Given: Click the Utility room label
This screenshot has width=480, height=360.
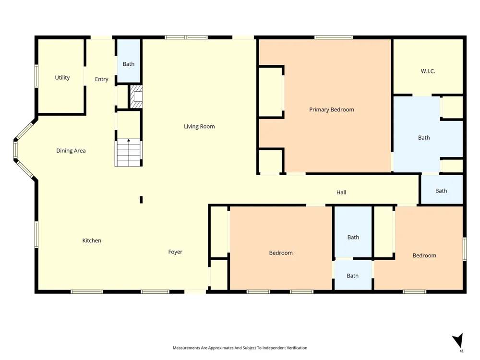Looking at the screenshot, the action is pyautogui.click(x=62, y=78).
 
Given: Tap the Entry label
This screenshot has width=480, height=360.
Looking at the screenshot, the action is pyautogui.click(x=102, y=79).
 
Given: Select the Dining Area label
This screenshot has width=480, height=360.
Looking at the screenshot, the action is pyautogui.click(x=71, y=151).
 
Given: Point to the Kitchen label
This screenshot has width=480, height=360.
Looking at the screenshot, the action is pyautogui.click(x=92, y=240).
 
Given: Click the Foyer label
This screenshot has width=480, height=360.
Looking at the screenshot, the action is pyautogui.click(x=175, y=252).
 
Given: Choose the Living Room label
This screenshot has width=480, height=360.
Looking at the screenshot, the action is pyautogui.click(x=199, y=126).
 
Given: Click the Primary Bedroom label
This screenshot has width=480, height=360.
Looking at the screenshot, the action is pyautogui.click(x=332, y=109).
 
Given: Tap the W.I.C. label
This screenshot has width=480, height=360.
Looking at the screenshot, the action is pyautogui.click(x=428, y=72).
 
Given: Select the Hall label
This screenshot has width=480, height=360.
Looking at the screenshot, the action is pyautogui.click(x=341, y=192).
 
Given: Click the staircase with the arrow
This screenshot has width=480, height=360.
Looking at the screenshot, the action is pyautogui.click(x=129, y=153).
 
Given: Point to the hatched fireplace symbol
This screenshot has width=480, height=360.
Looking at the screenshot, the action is pyautogui.click(x=136, y=96).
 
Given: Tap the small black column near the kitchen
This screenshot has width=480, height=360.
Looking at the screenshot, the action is pyautogui.click(x=141, y=200).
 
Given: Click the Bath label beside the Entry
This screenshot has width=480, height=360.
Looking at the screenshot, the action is pyautogui.click(x=129, y=64).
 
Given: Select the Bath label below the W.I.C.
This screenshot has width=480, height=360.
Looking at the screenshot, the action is pyautogui.click(x=424, y=138).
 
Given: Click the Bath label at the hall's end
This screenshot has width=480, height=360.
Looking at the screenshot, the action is pyautogui.click(x=441, y=191).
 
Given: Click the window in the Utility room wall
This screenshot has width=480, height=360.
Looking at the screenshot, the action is pyautogui.click(x=36, y=76).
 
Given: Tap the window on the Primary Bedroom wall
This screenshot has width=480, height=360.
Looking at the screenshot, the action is pyautogui.click(x=334, y=37).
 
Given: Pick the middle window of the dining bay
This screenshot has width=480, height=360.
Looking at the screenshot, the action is pyautogui.click(x=15, y=150).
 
